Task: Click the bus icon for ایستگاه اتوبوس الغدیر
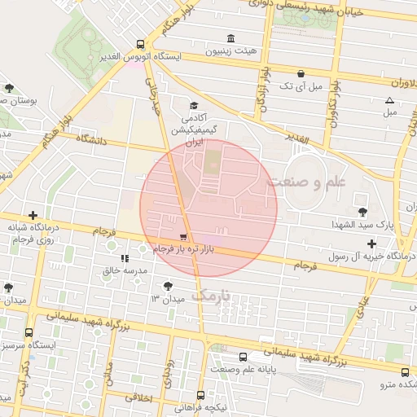(x=141, y=45)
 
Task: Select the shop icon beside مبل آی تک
(x=301, y=73)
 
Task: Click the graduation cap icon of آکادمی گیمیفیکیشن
(x=194, y=106)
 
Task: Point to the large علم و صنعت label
(x=306, y=182)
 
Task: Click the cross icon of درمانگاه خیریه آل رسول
(x=371, y=244)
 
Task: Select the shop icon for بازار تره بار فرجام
(x=182, y=236)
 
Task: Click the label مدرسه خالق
(x=125, y=270)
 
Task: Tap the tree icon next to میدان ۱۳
(x=168, y=286)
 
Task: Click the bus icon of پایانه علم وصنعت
(x=243, y=357)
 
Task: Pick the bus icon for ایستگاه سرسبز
(x=29, y=332)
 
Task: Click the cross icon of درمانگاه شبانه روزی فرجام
(x=32, y=216)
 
